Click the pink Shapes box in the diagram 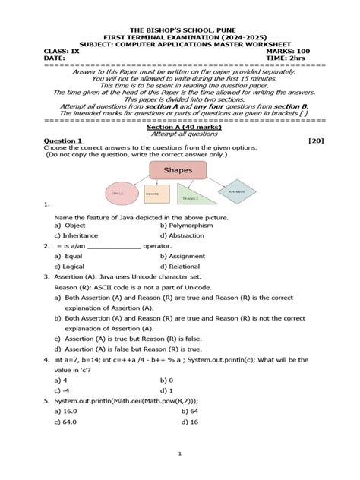tap(178, 170)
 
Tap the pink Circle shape tap(118, 194)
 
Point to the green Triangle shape tap(190, 196)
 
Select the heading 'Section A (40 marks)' tap(180, 126)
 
